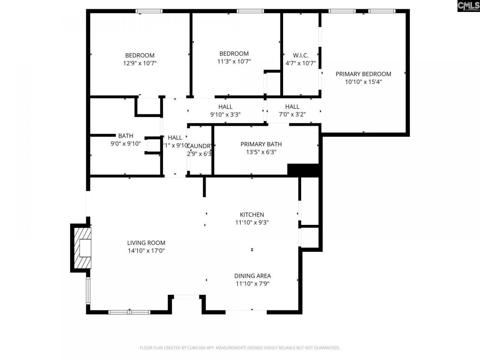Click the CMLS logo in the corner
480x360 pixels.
click(x=468, y=6)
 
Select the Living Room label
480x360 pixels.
click(x=146, y=243)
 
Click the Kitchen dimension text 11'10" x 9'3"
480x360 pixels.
click(x=252, y=222)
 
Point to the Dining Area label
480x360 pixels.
click(x=252, y=276)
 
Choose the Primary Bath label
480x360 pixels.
click(x=261, y=144)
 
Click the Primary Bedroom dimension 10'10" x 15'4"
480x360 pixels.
click(x=363, y=82)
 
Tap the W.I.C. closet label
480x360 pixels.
click(x=300, y=55)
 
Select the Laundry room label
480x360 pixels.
click(x=199, y=146)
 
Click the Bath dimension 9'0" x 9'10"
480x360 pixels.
click(x=125, y=143)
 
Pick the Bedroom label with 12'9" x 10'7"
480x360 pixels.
click(x=139, y=55)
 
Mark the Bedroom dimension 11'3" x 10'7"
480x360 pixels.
click(x=234, y=61)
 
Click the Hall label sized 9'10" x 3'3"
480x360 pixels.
click(x=225, y=107)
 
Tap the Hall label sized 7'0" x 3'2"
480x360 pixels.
click(x=292, y=107)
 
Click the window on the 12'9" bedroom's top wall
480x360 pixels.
click(x=149, y=11)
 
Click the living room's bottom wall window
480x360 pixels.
click(x=129, y=312)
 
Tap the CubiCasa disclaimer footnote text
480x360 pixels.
click(x=240, y=348)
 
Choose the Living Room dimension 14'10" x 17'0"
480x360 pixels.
click(x=146, y=250)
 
